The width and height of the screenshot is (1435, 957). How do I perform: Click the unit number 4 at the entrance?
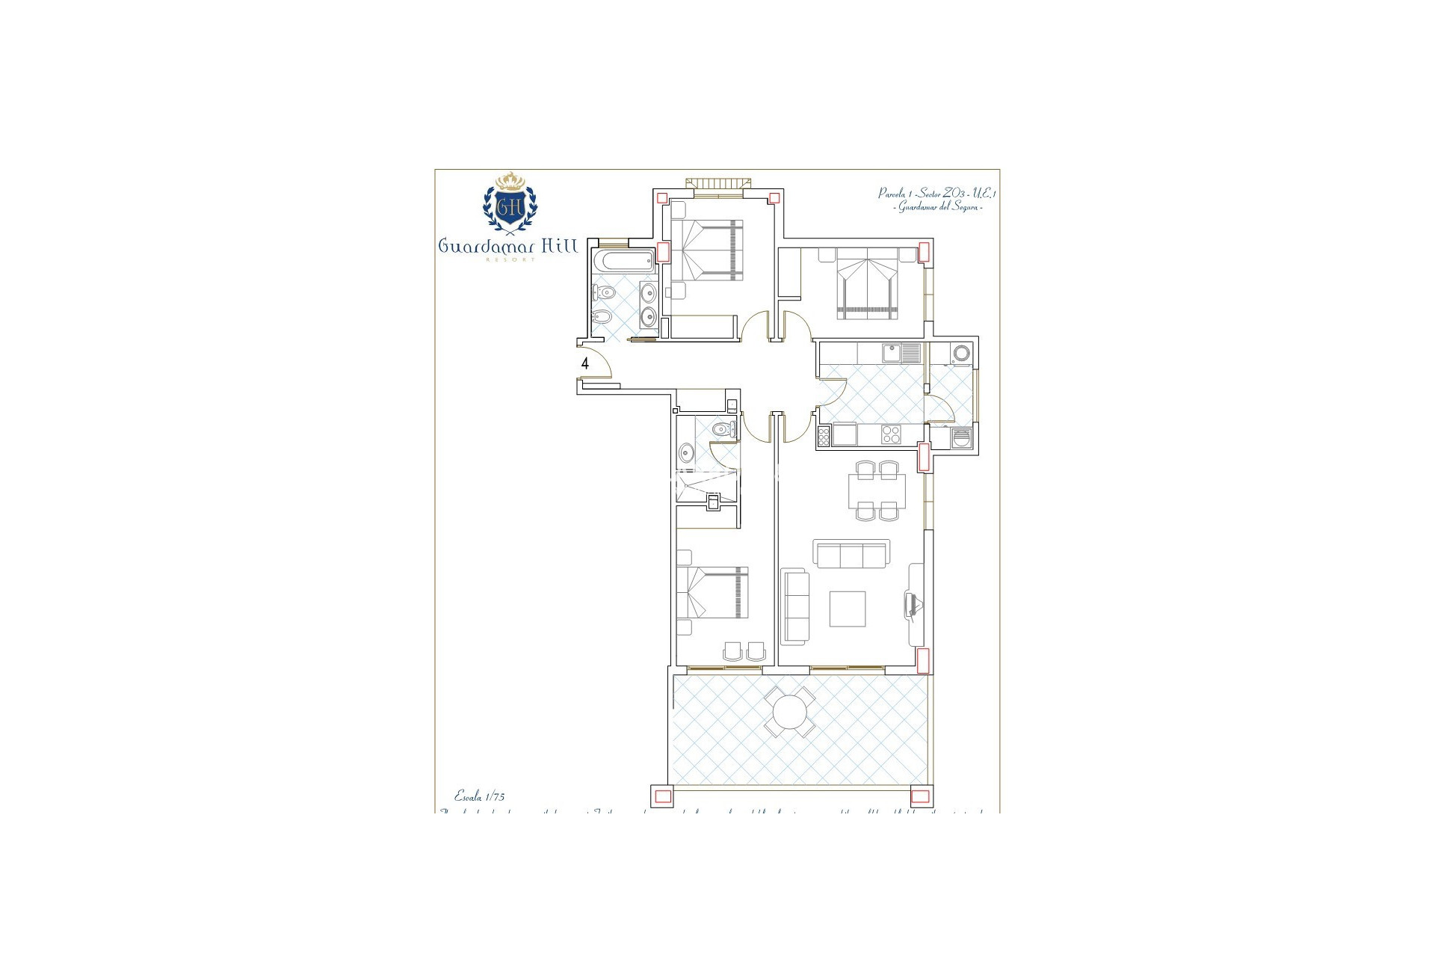[x=585, y=364]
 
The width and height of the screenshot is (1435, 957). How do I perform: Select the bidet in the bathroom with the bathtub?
[x=602, y=319]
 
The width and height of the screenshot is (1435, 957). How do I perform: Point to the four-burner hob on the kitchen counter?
[x=891, y=434]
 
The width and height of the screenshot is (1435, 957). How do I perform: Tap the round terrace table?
[x=788, y=713]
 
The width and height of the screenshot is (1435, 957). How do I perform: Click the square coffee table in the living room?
[x=848, y=609]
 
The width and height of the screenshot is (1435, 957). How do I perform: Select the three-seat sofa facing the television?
[x=852, y=554]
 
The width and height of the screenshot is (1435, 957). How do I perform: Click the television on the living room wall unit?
[x=912, y=603]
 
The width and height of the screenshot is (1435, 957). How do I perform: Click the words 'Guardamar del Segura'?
[x=937, y=206]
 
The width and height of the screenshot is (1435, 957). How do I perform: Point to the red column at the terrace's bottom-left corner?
[x=661, y=796]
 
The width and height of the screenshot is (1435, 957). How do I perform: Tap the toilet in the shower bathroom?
[x=723, y=429]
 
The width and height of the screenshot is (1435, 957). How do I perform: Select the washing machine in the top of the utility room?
[x=961, y=352]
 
